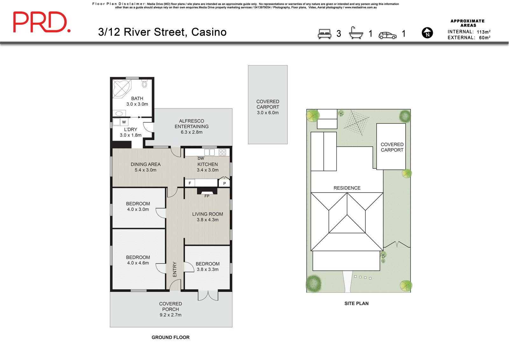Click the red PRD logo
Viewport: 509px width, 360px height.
pos(42,22)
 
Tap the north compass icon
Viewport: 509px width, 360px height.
pos(427,33)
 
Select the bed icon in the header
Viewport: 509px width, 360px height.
pos(324,34)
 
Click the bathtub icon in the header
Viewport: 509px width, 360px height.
pos(356,33)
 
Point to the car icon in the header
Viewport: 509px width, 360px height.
pos(387,35)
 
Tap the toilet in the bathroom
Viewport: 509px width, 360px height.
pos(144,84)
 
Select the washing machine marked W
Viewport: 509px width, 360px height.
pos(124,122)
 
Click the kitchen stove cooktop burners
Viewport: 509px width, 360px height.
pos(222,152)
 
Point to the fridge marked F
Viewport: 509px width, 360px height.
pos(190,183)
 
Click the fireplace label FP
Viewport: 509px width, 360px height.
pos(207,196)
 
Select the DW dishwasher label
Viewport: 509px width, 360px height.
pos(201,159)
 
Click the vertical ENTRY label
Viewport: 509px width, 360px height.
pos(175,269)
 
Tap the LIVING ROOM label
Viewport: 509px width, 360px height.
pos(207,214)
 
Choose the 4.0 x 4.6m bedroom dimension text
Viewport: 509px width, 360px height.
pos(138,263)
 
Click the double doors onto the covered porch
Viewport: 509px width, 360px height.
pos(208,296)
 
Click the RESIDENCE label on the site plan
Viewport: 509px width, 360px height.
pos(347,188)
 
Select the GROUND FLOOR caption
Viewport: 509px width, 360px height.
pos(171,337)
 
